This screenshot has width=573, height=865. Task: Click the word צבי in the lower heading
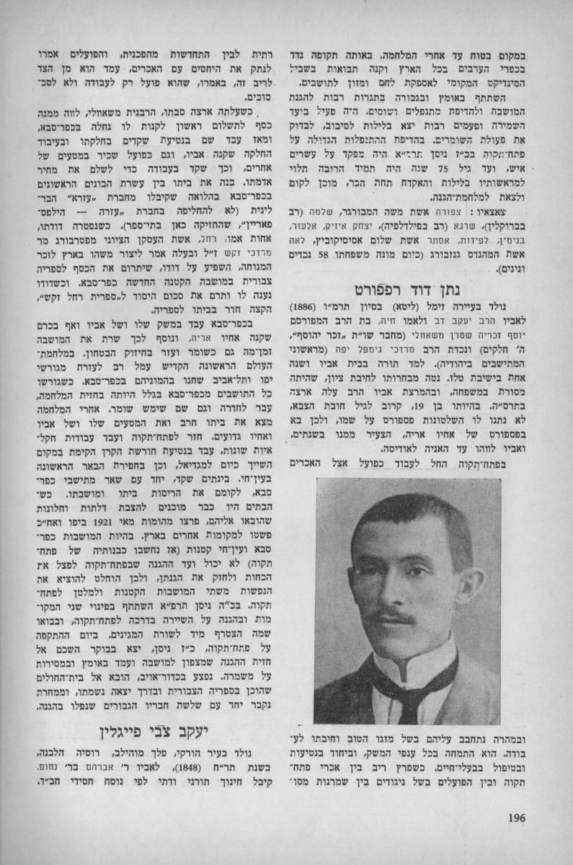coord(180,729)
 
